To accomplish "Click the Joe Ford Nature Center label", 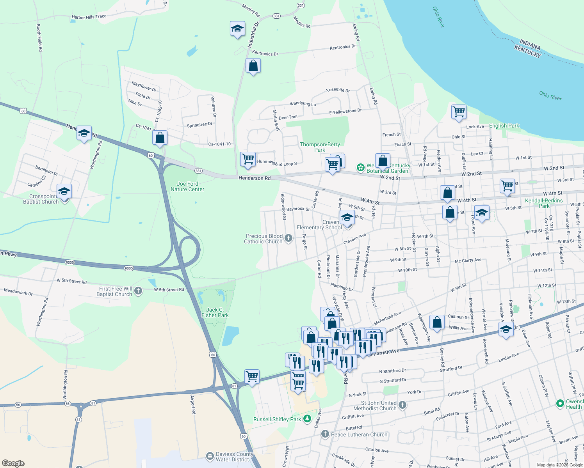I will point(187,186).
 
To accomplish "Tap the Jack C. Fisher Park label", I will point(215,312).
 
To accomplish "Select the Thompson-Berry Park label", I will point(320,147).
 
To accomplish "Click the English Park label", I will point(504,126).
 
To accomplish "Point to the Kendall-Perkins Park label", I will point(544,203).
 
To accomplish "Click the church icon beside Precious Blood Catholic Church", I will point(288,238).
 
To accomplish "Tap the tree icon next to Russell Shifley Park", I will point(308,419).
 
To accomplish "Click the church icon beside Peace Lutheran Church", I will point(325,434).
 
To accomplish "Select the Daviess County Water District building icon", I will point(210,456).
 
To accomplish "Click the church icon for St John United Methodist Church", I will point(402,405).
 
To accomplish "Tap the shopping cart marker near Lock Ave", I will point(459,112).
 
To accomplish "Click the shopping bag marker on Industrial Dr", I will point(253,66).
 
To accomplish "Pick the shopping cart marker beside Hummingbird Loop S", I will point(248,159).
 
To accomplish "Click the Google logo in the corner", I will point(13,463).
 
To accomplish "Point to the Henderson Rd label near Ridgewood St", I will point(255,178).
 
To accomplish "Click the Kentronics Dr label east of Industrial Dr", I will point(343,47).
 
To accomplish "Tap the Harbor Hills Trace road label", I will point(89,17).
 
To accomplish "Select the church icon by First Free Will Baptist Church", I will point(138,291).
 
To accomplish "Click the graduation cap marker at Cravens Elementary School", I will point(347,217).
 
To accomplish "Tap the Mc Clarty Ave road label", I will point(468,261).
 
